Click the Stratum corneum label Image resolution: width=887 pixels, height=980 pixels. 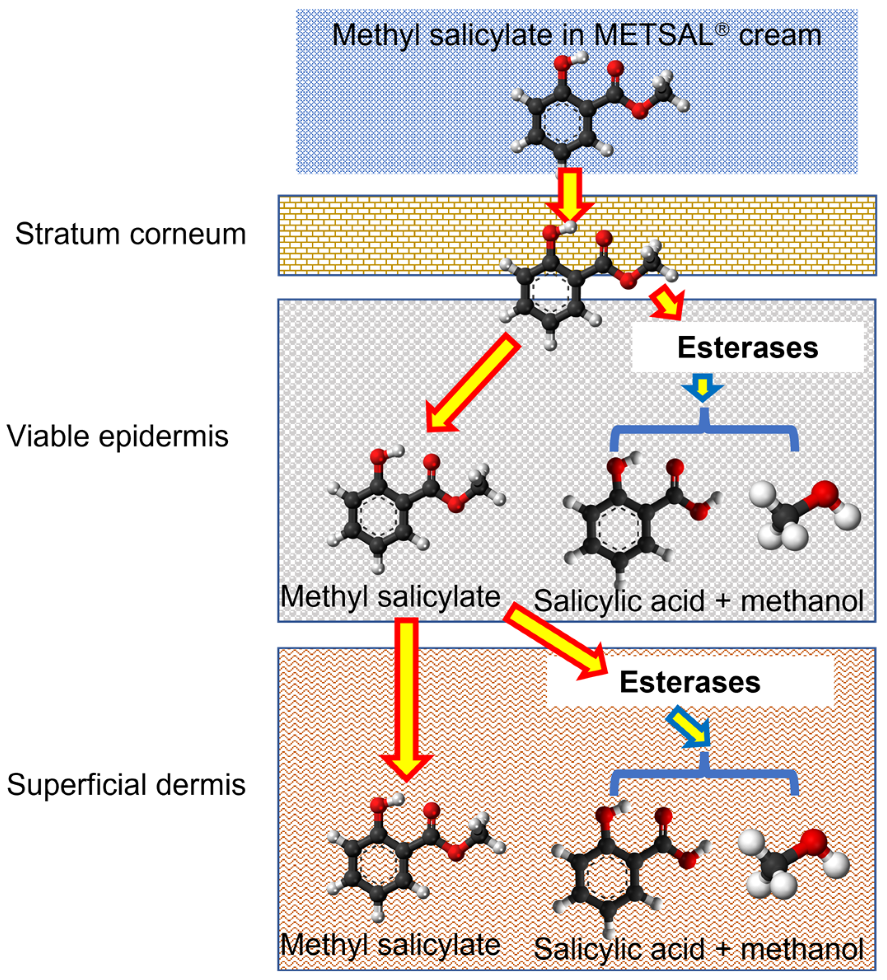130,234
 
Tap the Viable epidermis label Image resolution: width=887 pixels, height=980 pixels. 117,436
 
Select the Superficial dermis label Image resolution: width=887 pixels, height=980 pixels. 126,785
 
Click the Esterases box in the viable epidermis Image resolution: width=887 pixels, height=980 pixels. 747,348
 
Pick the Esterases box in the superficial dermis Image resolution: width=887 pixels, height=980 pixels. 690,682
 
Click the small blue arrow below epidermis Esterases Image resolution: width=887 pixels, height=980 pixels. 702,387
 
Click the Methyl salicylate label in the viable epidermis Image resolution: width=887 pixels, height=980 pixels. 391,596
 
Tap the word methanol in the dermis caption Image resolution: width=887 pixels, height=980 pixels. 801,948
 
